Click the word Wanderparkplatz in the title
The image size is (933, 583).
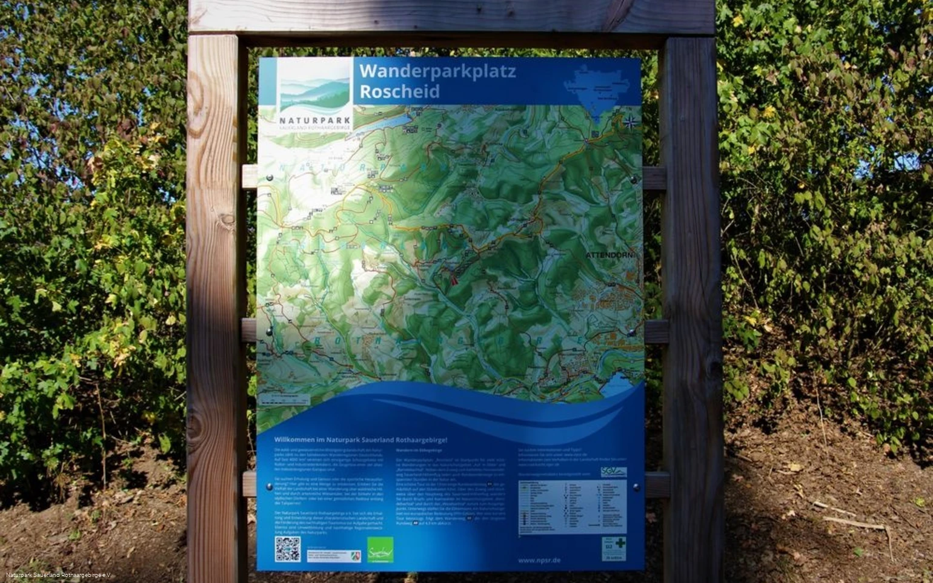coord(437,71)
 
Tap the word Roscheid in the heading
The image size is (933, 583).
coord(399,91)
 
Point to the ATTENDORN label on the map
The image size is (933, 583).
coord(609,255)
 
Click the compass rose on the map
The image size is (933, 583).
coord(630,122)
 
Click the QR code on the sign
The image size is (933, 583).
coord(288,548)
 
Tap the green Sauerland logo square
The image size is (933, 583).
coord(380,550)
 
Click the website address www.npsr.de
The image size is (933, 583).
coord(539,561)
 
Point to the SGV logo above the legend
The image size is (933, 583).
coord(613,472)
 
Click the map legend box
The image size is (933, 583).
coord(573,507)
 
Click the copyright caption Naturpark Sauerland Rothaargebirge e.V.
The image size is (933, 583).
coord(59,575)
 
